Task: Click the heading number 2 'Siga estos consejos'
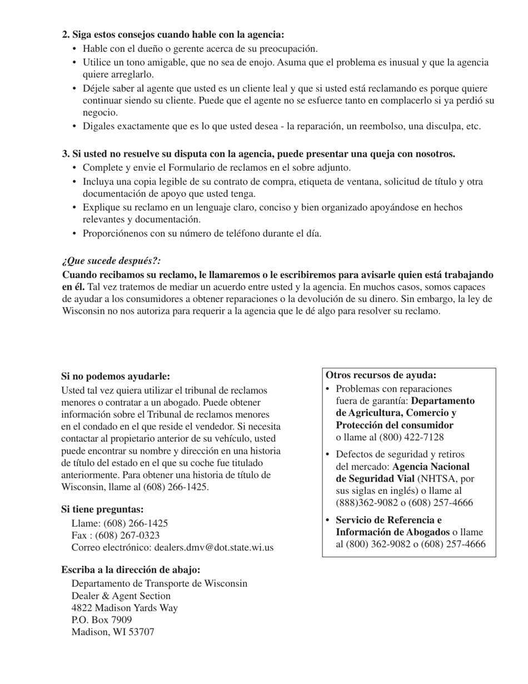pyautogui.click(x=173, y=34)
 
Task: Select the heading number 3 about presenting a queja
pyautogui.click(x=258, y=154)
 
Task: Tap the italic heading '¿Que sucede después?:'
pyautogui.click(x=111, y=261)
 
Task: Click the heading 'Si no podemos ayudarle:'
pyautogui.click(x=116, y=376)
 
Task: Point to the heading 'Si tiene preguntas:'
pyautogui.click(x=102, y=509)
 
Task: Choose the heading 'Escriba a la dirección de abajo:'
pyautogui.click(x=131, y=569)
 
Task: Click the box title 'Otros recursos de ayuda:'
pyautogui.click(x=381, y=375)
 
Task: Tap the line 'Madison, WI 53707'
pyautogui.click(x=113, y=632)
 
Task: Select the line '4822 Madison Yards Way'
pyautogui.click(x=124, y=607)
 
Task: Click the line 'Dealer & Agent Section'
pyautogui.click(x=121, y=596)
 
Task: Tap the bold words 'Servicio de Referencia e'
pyautogui.click(x=389, y=520)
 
